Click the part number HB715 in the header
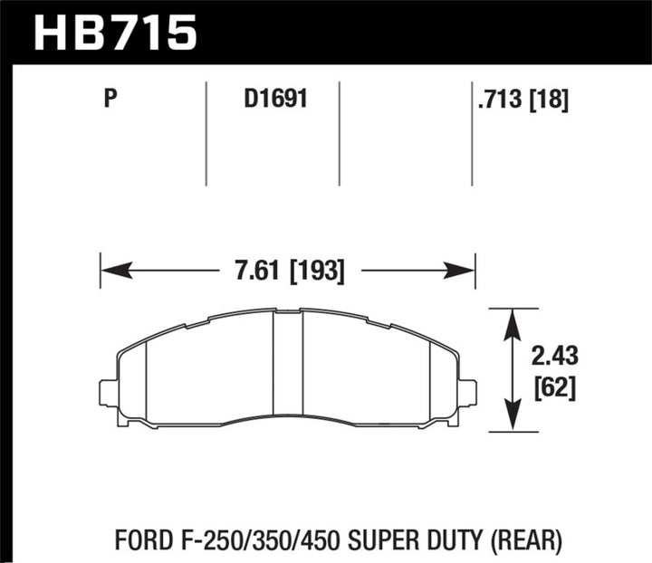pos(115,32)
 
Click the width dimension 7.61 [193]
pos(288,270)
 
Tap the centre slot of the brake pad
pos(287,367)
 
